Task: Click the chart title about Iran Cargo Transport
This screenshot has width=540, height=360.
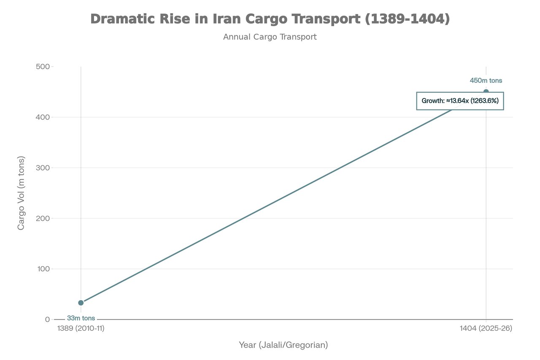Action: tap(270, 19)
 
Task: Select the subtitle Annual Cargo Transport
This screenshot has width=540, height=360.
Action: tap(270, 37)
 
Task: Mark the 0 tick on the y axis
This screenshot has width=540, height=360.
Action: tap(47, 319)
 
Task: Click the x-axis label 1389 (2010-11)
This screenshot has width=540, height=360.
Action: tap(81, 328)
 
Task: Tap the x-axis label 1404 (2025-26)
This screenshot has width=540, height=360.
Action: tap(486, 328)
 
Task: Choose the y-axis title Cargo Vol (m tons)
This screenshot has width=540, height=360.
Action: tap(21, 193)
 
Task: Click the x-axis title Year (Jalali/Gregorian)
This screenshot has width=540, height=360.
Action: tap(283, 345)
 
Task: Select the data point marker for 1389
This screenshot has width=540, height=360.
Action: tap(81, 303)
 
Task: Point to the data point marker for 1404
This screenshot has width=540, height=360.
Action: tap(486, 92)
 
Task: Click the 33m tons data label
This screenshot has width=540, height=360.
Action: tap(81, 318)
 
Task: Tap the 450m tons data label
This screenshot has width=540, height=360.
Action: tap(486, 81)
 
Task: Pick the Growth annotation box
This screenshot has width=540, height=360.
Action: tap(460, 101)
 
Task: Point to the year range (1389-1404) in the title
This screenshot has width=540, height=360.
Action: tap(407, 19)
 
